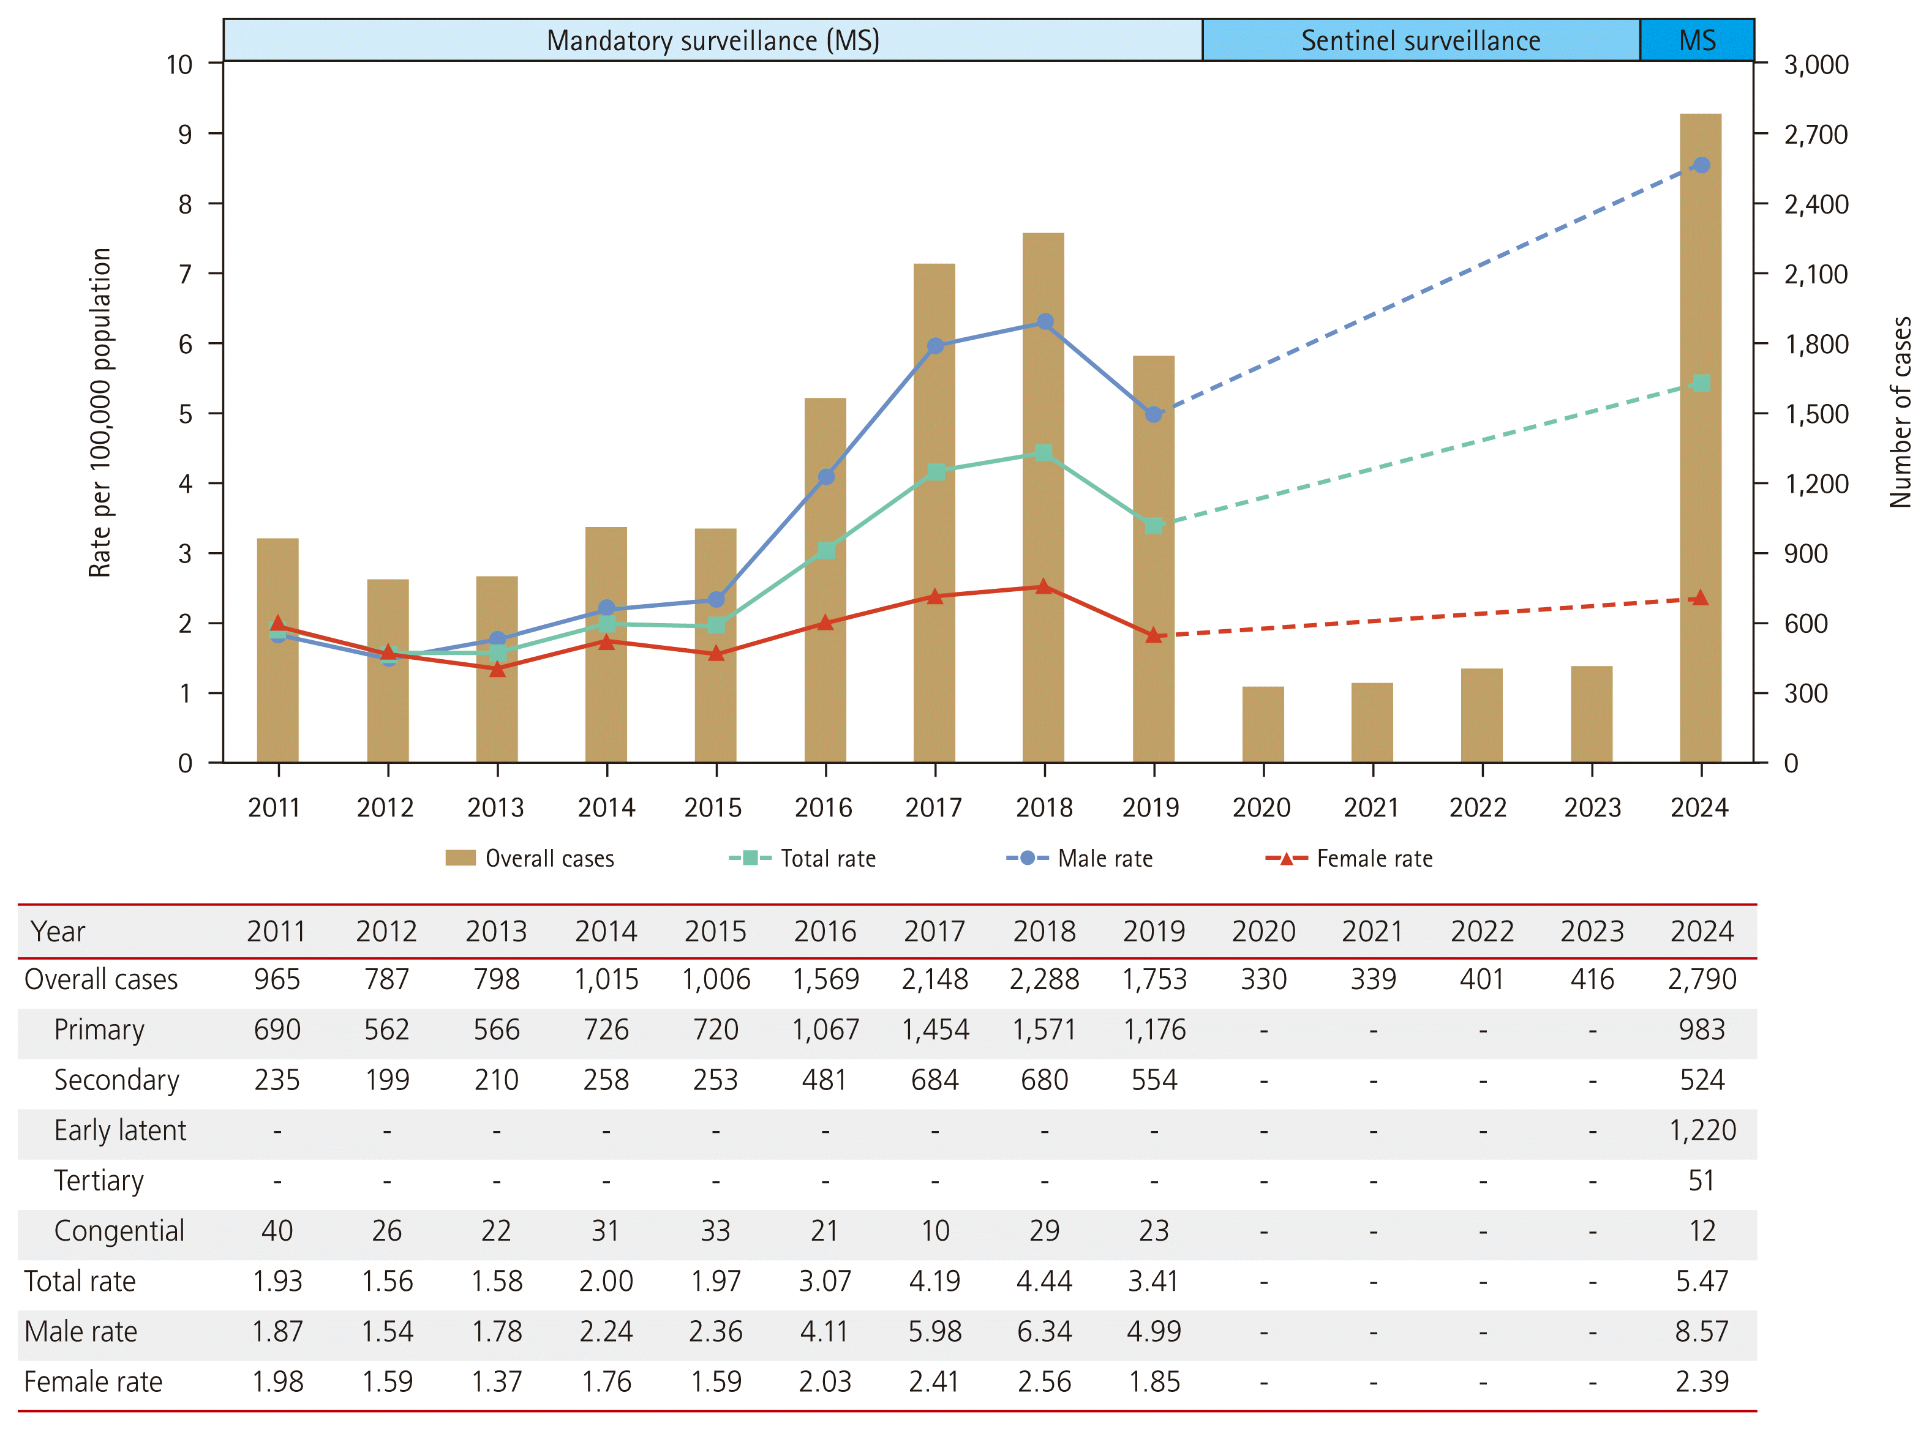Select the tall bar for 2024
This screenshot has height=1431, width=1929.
pos(1700,438)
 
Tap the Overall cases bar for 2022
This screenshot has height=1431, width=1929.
pos(1482,715)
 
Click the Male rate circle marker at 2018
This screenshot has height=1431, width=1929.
pos(1045,321)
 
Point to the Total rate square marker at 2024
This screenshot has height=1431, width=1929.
pos(1701,383)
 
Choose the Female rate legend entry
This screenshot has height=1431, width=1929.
pos(1348,859)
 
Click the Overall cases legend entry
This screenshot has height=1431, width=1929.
pos(530,859)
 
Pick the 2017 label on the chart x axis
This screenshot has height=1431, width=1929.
pos(934,807)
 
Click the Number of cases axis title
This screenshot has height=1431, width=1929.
pos(1900,413)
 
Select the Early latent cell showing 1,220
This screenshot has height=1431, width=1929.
pos(1702,1130)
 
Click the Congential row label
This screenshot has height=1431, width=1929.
pos(119,1231)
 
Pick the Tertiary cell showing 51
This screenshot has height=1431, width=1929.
pos(1702,1181)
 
